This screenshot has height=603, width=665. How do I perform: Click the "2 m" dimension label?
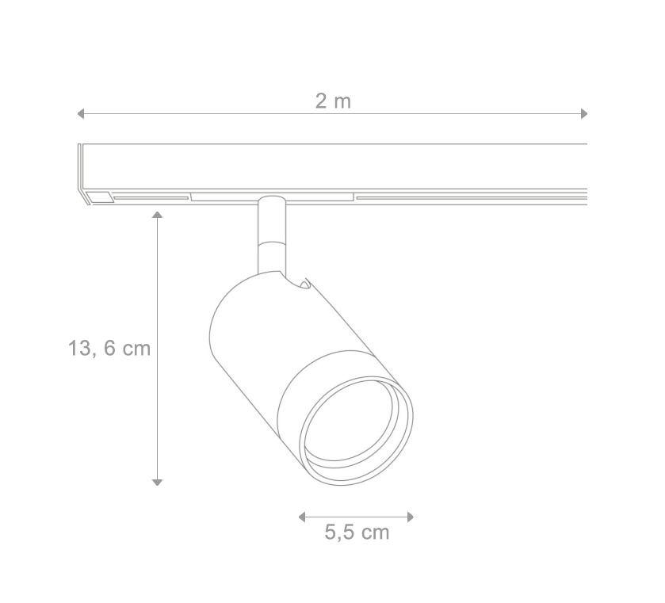click(333, 101)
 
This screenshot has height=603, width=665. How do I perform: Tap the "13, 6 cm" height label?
click(109, 348)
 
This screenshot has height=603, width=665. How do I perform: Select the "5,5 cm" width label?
click(357, 532)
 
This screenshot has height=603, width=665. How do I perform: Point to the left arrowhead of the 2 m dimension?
click(80, 114)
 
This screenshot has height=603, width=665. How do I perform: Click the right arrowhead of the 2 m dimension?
click(584, 114)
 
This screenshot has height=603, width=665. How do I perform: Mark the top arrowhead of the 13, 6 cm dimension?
click(158, 214)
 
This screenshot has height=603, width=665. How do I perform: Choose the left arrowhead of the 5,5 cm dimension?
click(302, 517)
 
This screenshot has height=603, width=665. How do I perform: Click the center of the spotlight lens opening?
click(357, 428)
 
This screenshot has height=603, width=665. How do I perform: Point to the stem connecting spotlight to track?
click(269, 234)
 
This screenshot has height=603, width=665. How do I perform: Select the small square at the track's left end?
click(99, 197)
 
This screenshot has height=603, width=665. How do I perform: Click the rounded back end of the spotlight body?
click(218, 333)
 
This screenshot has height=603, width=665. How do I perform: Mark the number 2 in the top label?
click(321, 101)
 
